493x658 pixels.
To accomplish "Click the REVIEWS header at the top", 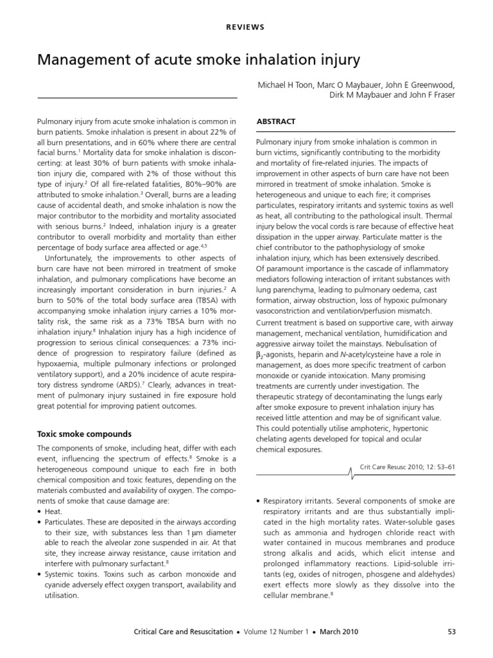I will click(x=246, y=28).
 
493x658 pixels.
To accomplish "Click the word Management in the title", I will click(x=85, y=60).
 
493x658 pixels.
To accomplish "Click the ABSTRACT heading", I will click(x=275, y=121).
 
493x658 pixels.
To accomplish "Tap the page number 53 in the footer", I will click(x=451, y=632).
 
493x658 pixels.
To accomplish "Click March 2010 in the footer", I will click(x=342, y=632).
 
